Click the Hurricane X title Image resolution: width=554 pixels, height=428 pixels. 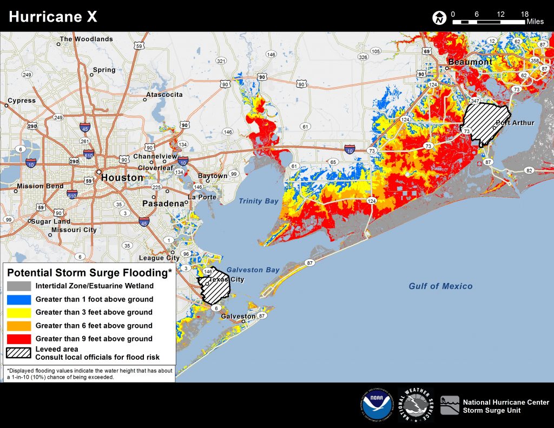pos(54,16)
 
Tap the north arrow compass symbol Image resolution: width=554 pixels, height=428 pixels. pos(439,18)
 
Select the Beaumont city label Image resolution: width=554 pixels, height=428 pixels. pos(470,62)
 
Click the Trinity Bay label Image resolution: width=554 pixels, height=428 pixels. pos(259,201)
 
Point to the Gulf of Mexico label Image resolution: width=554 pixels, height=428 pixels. pos(440,286)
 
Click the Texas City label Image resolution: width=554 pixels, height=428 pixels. pos(226,280)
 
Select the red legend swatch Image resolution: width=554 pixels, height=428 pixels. pos(19,339)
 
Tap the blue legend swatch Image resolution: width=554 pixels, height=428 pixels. pos(19,299)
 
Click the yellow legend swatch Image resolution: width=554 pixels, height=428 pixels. pos(19,312)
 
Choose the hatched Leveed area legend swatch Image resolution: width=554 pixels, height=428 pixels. pos(19,352)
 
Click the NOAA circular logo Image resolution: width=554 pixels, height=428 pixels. pos(378,405)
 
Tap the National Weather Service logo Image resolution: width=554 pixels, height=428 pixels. pos(415,405)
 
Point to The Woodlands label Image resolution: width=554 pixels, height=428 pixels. pos(87,39)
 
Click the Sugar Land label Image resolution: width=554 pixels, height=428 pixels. pos(51,221)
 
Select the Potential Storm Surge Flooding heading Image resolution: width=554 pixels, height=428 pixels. pos(89,272)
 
